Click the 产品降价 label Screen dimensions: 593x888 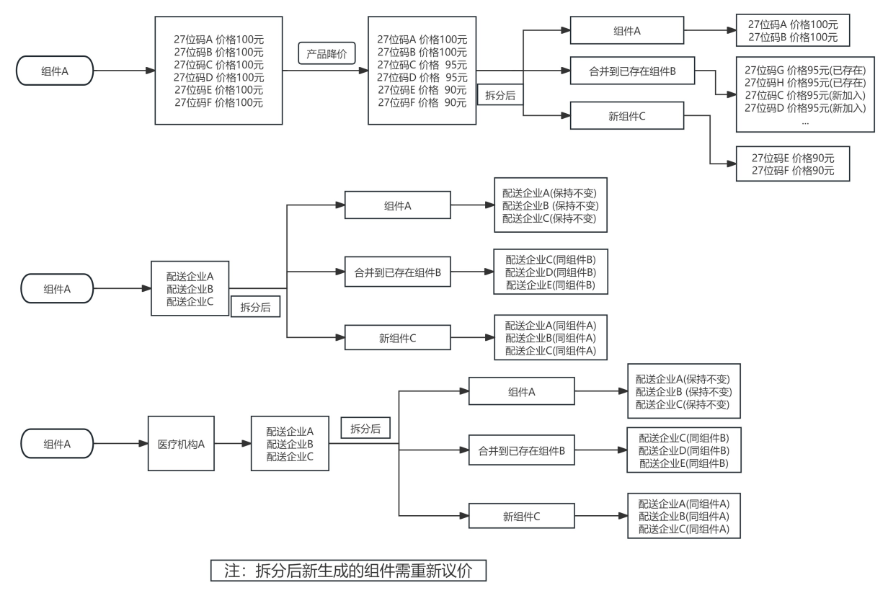click(x=328, y=54)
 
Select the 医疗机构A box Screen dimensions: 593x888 click(x=182, y=444)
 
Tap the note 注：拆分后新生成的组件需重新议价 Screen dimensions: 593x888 click(x=348, y=571)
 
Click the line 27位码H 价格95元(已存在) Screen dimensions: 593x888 click(x=805, y=83)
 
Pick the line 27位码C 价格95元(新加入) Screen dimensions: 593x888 click(x=805, y=95)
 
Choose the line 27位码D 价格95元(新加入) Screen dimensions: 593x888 click(x=805, y=107)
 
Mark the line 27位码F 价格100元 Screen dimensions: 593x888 click(x=219, y=102)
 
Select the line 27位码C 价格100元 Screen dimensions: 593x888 click(x=219, y=65)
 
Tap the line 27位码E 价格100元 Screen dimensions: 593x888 click(x=219, y=90)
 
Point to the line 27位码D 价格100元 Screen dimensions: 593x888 click(x=219, y=77)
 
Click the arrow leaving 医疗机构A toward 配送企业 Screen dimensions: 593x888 click(x=233, y=444)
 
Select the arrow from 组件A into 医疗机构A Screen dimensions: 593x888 click(x=120, y=444)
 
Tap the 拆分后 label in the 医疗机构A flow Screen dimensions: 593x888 click(x=365, y=428)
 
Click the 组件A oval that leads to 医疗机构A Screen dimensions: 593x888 click(x=57, y=444)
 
